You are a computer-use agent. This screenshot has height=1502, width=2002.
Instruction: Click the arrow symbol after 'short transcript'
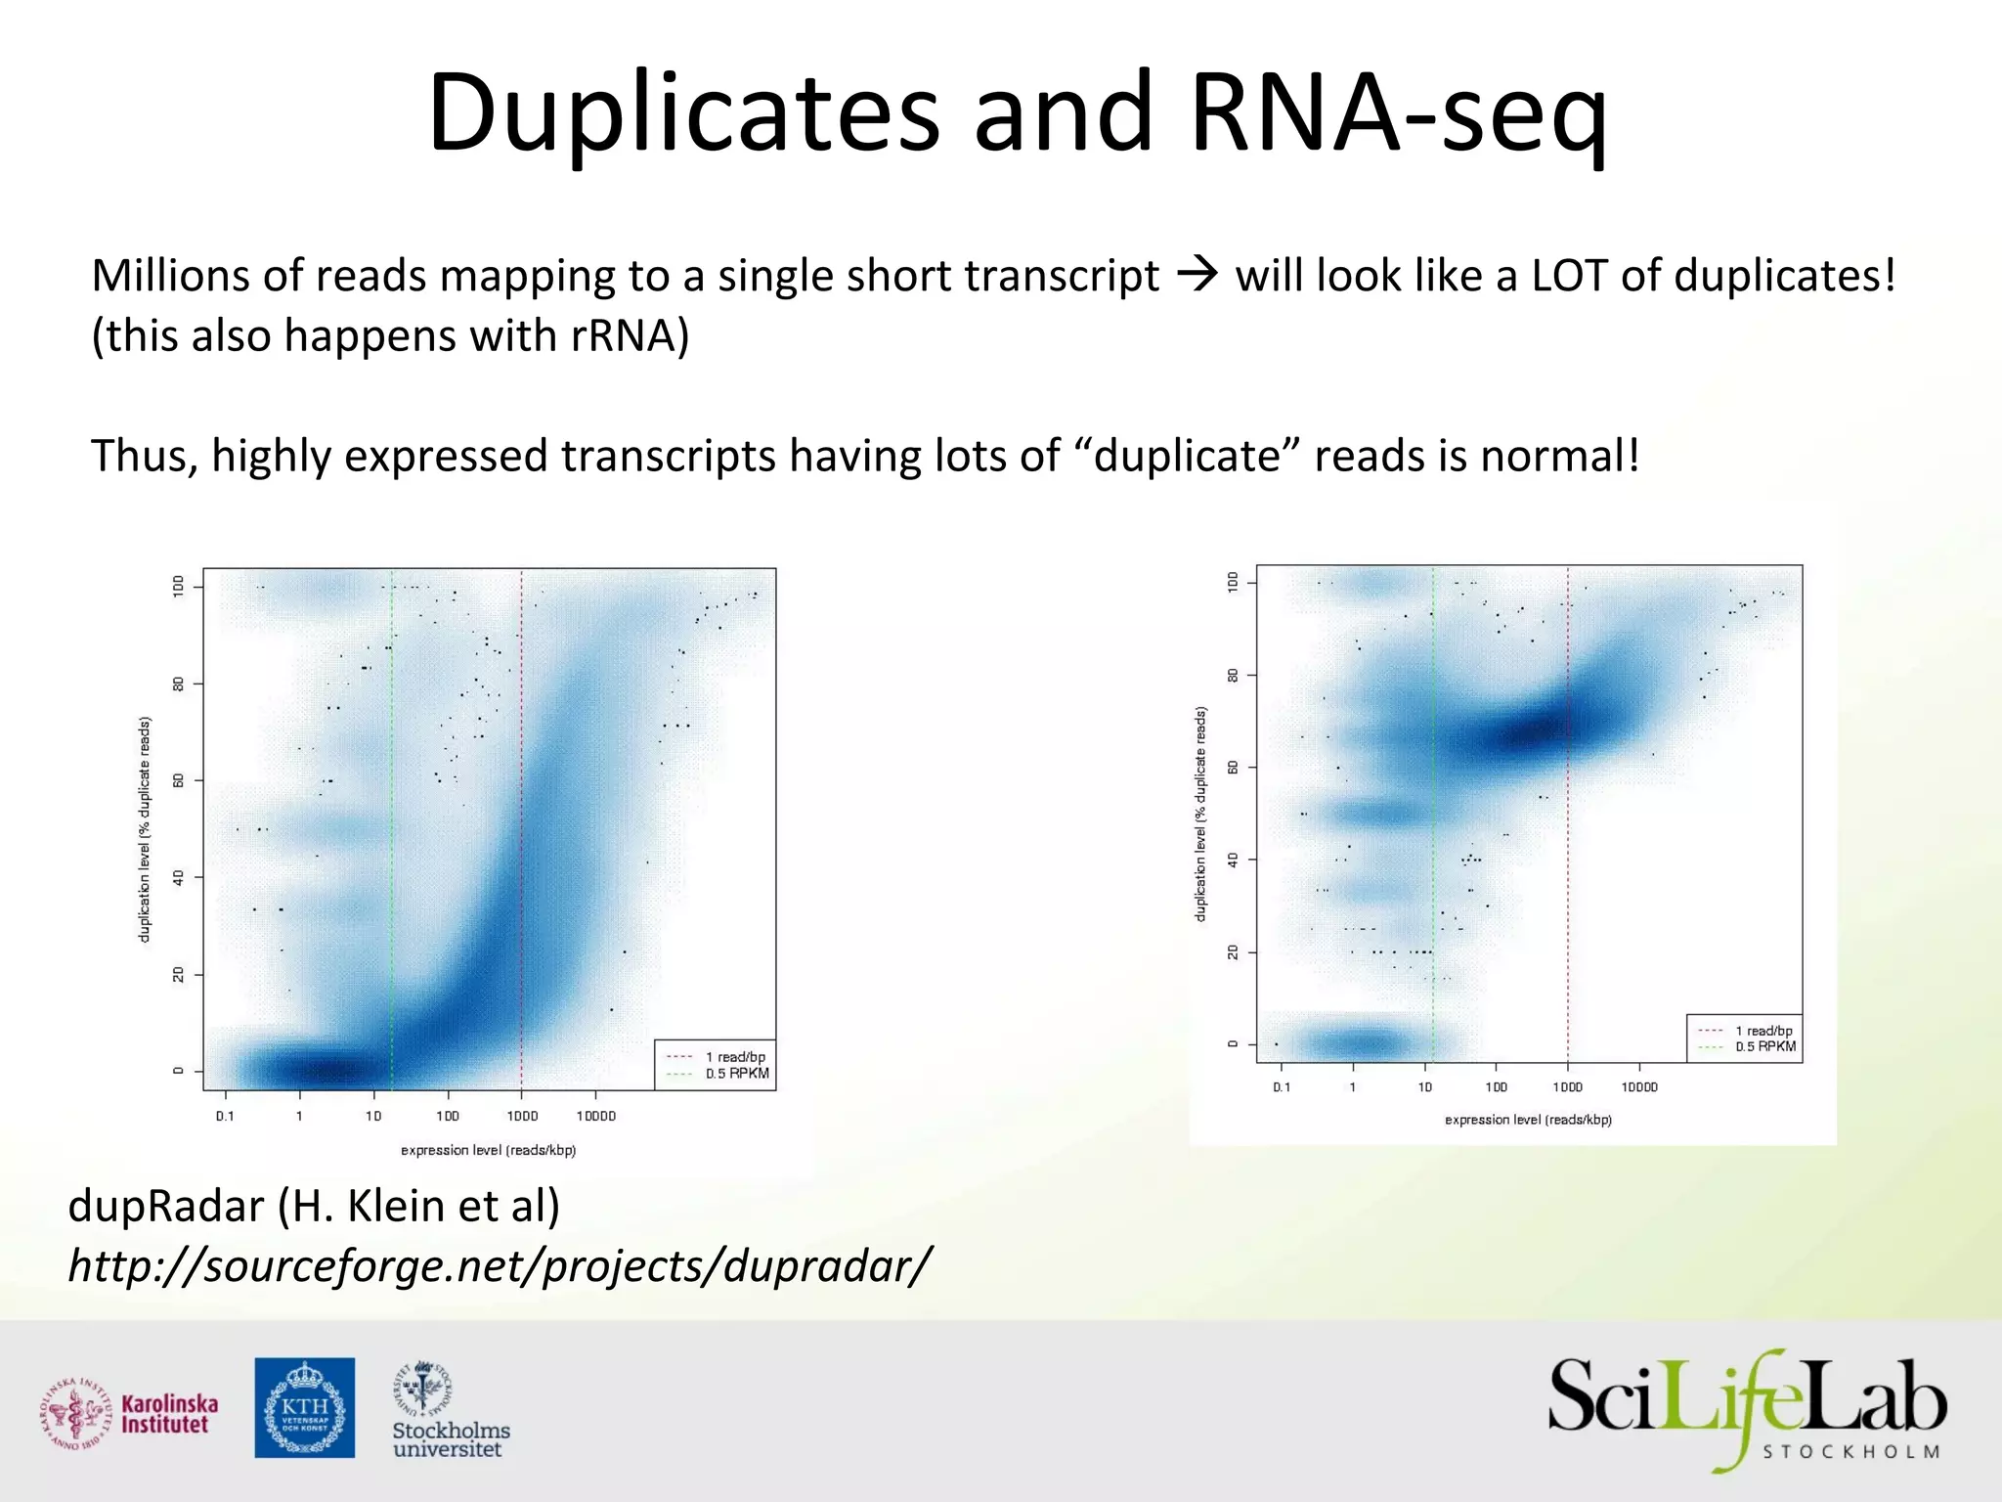(x=1197, y=275)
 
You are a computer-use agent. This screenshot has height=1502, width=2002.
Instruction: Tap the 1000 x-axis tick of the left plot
(x=522, y=1116)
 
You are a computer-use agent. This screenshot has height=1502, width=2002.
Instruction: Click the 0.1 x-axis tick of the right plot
(x=1282, y=1087)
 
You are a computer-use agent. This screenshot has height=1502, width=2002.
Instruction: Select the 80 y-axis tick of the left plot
(x=178, y=684)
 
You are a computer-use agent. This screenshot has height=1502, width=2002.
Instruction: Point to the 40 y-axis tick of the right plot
(x=1233, y=860)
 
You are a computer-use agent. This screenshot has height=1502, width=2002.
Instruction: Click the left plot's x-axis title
(x=488, y=1150)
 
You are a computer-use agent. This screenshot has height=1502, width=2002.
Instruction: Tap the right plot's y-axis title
(x=1200, y=814)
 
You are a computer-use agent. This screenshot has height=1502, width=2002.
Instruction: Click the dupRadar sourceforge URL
(x=499, y=1265)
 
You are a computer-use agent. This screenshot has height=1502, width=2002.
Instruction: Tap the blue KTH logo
(x=305, y=1407)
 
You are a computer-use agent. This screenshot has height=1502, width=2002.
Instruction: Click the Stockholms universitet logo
(x=450, y=1410)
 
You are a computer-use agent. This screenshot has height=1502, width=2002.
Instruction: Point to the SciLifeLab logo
(x=1747, y=1408)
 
